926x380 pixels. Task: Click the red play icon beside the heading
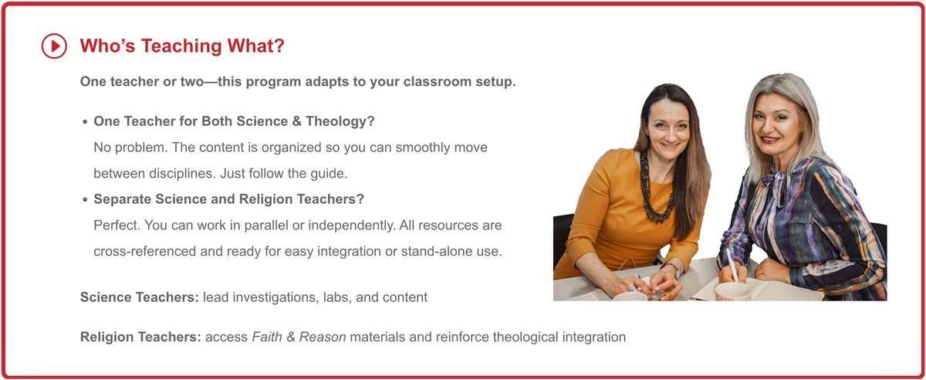click(x=54, y=46)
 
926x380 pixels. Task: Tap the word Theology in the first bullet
click(x=348, y=121)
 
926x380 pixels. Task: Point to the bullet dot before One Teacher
click(x=84, y=122)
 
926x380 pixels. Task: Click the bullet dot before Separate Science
click(x=84, y=199)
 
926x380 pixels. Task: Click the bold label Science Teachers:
click(x=140, y=297)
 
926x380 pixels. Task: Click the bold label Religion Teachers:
click(x=141, y=337)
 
